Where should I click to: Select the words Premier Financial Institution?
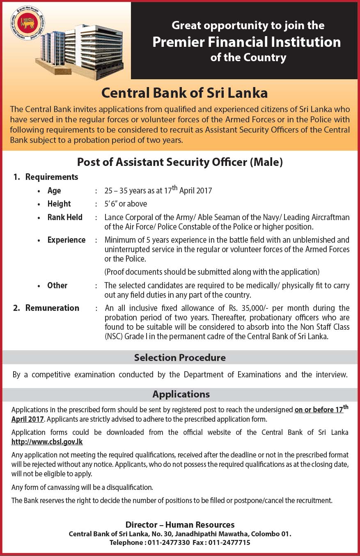coord(246,42)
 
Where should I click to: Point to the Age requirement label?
coord(54,191)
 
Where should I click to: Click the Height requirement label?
coord(59,204)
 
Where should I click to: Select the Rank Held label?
coord(65,217)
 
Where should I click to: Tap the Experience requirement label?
coord(66,240)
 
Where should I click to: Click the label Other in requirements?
coord(57,285)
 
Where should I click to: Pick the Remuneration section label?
coord(52,308)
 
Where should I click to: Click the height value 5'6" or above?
coord(126,204)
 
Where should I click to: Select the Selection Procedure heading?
coord(180,358)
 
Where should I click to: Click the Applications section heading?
coord(181,395)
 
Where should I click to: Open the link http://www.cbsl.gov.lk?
coord(47,442)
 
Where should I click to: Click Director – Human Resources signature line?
coord(180,525)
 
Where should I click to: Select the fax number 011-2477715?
coord(229,542)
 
